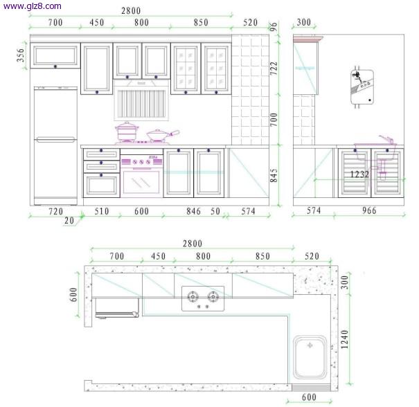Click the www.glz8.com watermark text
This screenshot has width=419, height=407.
tap(33, 6)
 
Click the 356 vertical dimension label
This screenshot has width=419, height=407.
tap(21, 55)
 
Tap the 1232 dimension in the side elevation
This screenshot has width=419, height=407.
tap(359, 174)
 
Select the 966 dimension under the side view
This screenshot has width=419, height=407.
tap(369, 210)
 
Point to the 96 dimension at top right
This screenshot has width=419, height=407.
tap(274, 26)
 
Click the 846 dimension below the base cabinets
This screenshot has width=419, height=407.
tap(193, 211)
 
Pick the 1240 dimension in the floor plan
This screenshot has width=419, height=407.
tap(344, 339)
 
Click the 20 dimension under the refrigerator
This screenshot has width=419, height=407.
tap(69, 220)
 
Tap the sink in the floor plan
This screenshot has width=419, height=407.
tap(310, 357)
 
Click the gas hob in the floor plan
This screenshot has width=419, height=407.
tap(203, 298)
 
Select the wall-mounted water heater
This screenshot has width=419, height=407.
tap(362, 87)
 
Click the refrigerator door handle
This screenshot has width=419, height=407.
tap(55, 139)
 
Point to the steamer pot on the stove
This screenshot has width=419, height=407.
tap(127, 131)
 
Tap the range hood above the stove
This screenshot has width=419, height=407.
tap(141, 100)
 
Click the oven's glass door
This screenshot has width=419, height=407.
tap(141, 182)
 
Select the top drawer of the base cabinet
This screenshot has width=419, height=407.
tap(102, 154)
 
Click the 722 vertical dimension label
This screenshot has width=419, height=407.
tap(274, 69)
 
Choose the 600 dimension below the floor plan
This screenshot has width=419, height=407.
tap(309, 397)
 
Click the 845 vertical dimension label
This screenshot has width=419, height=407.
tap(274, 175)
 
